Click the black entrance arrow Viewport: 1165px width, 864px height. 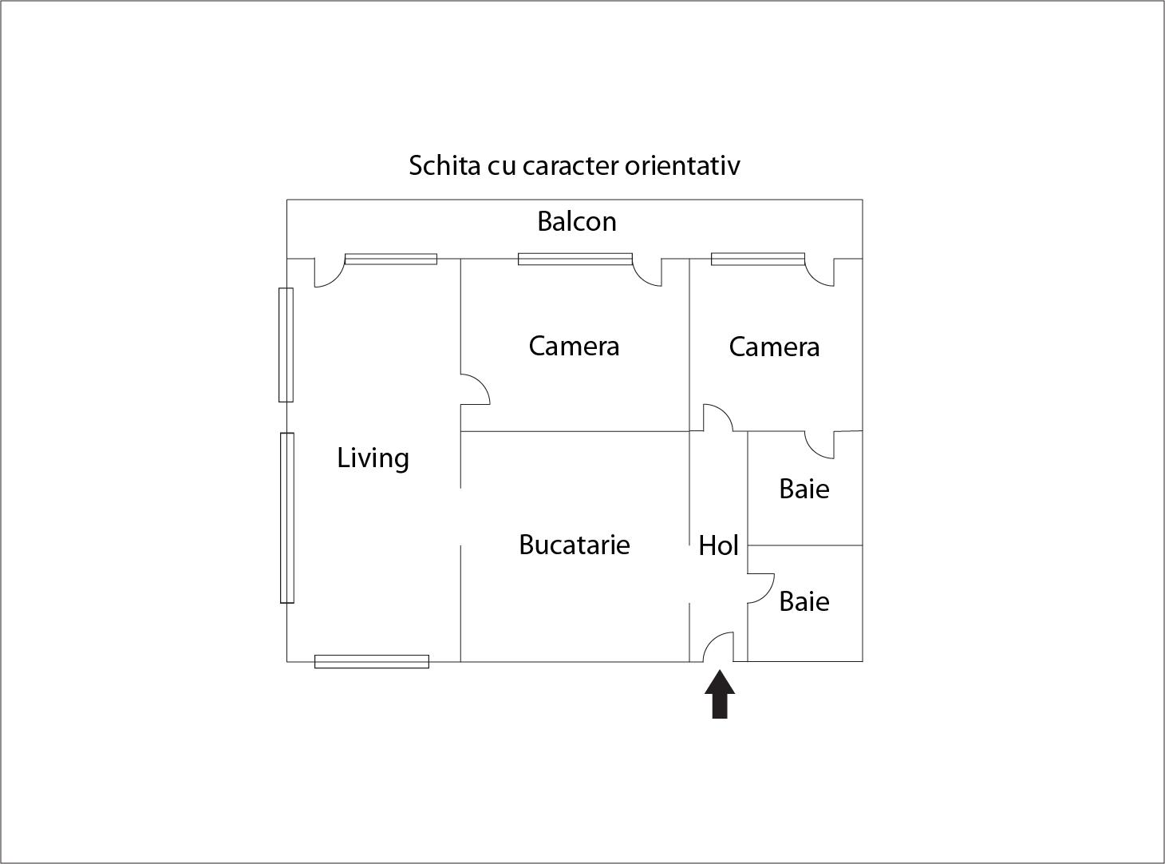coord(720,694)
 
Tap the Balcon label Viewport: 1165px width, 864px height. coord(577,221)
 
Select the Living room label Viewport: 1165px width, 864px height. coord(373,458)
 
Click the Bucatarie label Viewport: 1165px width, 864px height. coord(574,545)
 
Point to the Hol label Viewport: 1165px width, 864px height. coord(718,545)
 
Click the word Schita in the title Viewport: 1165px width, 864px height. coord(444,165)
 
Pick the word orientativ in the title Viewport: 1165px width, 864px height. coord(682,165)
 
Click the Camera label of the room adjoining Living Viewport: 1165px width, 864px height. coord(574,346)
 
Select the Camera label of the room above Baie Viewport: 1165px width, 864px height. coord(774,347)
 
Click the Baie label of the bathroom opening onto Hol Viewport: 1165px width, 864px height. coord(804,601)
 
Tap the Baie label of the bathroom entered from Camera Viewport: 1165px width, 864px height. coord(804,489)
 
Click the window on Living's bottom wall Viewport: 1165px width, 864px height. coord(372,661)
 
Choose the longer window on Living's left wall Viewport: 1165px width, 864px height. coord(286,517)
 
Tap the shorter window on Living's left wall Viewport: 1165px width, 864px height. coord(286,345)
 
